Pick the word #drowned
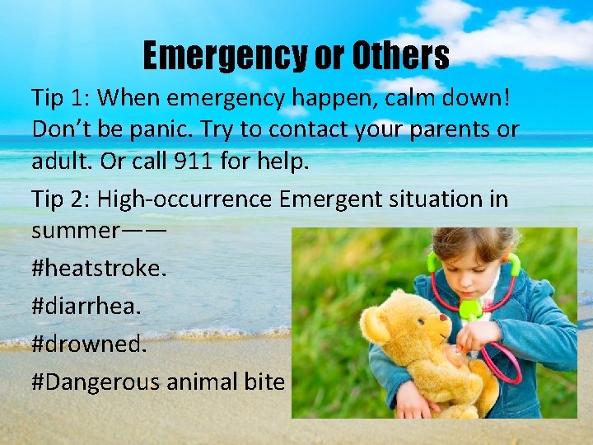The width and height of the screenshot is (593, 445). point(89,344)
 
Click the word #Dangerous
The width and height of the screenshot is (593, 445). point(96,382)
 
